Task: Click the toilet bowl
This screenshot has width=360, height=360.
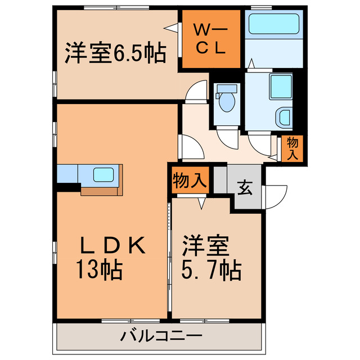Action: [x=228, y=100]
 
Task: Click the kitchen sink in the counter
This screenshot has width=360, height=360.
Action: [x=103, y=174]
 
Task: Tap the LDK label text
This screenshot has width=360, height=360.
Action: [x=113, y=245]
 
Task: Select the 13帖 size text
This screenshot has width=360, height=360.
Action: [x=100, y=271]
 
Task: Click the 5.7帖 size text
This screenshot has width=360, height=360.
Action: [x=213, y=271]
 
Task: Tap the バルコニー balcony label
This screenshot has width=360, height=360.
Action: [x=161, y=336]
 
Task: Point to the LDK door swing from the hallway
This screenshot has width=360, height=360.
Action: [x=190, y=147]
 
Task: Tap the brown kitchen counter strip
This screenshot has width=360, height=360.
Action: [x=101, y=191]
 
